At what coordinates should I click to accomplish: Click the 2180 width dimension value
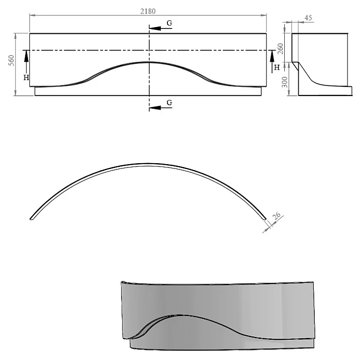point(148,11)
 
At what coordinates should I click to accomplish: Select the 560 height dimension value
point(11,60)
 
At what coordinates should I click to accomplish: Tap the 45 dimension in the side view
point(308,18)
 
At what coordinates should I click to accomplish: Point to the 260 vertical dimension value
point(280,49)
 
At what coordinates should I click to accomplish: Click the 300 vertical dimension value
point(285,82)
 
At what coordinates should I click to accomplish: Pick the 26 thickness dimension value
point(276,215)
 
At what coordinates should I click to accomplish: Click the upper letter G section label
point(169,23)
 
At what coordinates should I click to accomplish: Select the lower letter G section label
point(169,102)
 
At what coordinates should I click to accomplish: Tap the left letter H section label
point(26,78)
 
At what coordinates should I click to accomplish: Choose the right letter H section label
point(277,68)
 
